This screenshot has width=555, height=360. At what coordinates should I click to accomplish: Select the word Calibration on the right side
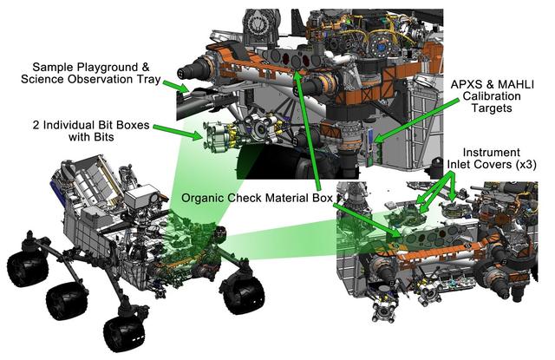[496, 96]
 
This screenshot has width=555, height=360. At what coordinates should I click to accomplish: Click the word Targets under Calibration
[496, 112]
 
